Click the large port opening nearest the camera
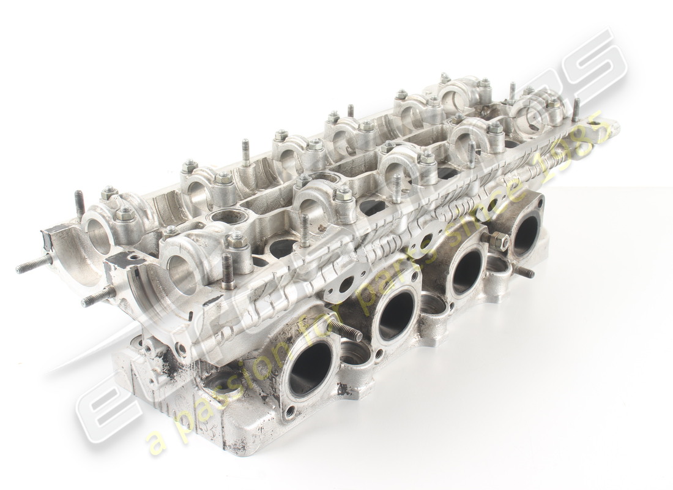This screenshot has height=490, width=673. tap(310, 368)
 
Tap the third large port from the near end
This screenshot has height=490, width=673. tap(467, 271)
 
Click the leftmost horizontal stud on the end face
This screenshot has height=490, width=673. tap(34, 265)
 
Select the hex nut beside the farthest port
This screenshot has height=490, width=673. tap(498, 241)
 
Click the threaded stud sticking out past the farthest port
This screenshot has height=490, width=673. tap(524, 271)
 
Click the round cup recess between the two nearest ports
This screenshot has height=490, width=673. tap(355, 352)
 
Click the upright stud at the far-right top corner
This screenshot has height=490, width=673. tap(576, 110)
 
